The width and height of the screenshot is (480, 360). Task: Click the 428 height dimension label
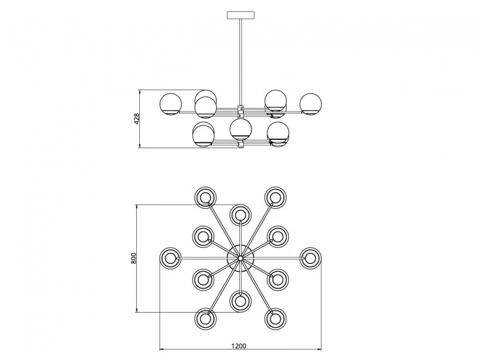tap(137, 119)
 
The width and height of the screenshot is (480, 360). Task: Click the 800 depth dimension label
tap(133, 259)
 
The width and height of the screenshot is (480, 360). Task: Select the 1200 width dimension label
tap(239, 346)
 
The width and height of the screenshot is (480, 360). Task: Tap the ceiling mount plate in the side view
tap(241, 15)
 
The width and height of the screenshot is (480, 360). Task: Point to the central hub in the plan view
tap(241, 259)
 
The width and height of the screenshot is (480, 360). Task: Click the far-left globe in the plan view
tap(170, 259)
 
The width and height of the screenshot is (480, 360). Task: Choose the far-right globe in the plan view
tap(310, 259)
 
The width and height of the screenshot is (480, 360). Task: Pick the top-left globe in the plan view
tap(205, 197)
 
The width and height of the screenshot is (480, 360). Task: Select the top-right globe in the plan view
tap(275, 197)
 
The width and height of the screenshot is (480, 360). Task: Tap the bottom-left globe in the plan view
tap(205, 319)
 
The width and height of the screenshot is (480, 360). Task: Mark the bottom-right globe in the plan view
tap(275, 319)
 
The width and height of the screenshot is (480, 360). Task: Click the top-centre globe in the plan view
tap(241, 215)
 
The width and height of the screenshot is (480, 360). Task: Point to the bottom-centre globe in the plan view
tap(241, 302)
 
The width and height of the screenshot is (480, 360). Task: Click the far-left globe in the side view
tap(171, 104)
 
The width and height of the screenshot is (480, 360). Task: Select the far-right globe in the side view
tap(310, 104)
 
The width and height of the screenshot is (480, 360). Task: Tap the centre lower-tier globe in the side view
tap(241, 129)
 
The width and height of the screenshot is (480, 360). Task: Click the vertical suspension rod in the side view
tap(241, 61)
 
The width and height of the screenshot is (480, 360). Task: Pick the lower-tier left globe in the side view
tap(203, 134)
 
